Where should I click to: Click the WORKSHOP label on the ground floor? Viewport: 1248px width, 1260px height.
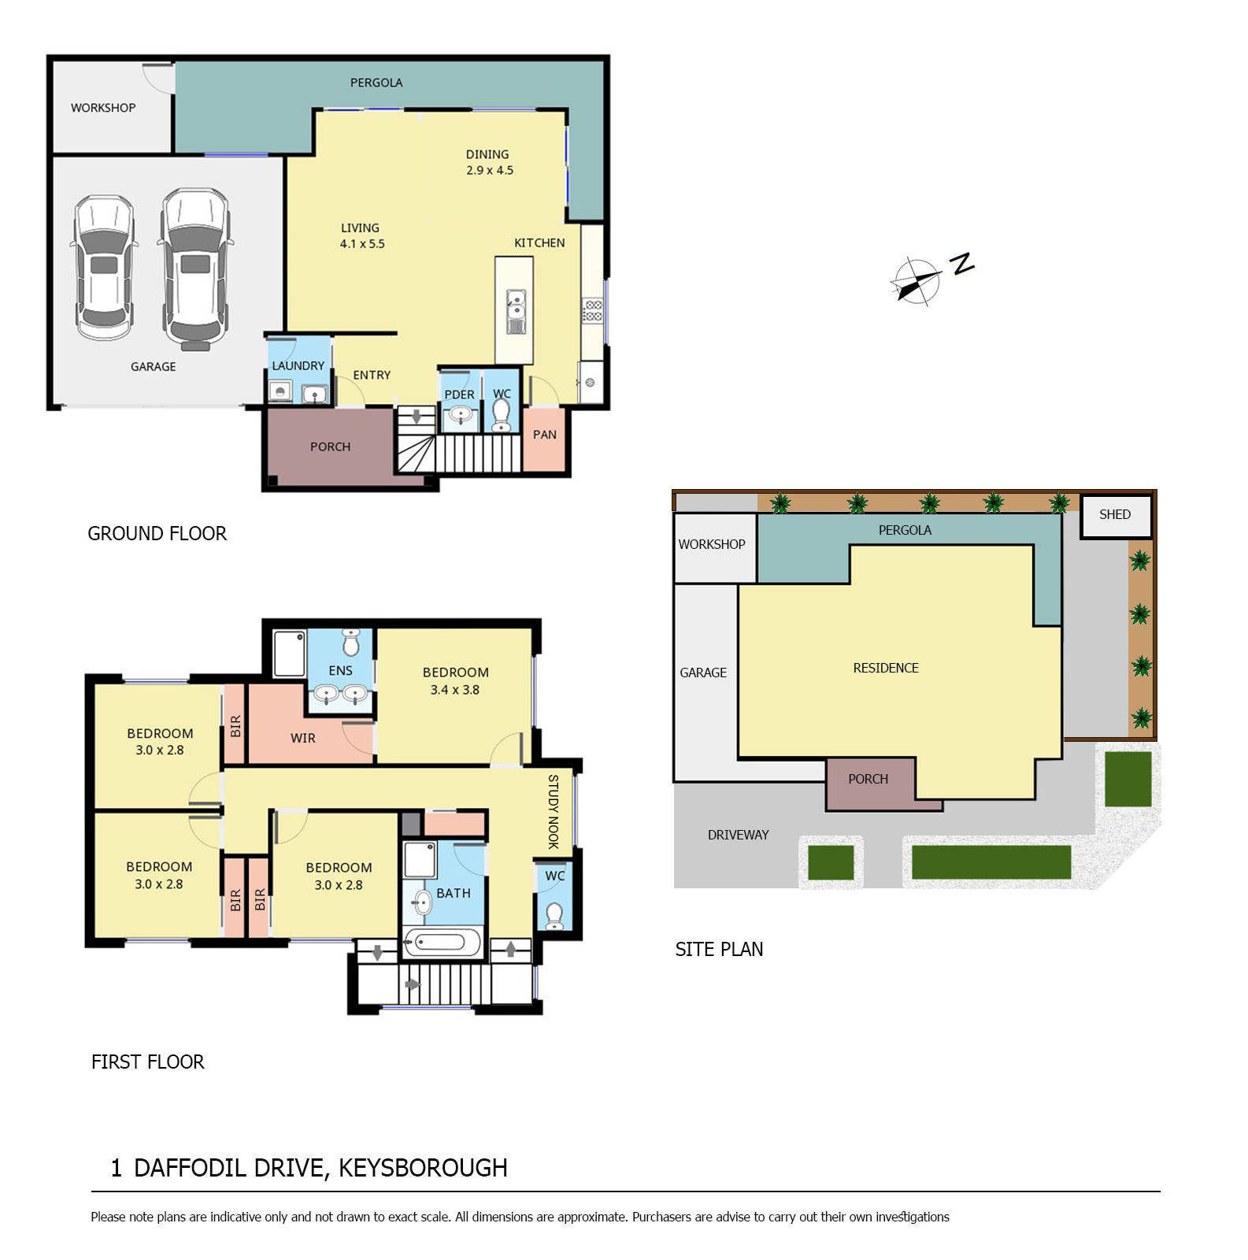point(103,108)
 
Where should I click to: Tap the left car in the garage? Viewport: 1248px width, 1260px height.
point(104,268)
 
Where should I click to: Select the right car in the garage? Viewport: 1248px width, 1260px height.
point(195,269)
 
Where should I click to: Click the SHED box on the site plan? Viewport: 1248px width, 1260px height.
point(1115,516)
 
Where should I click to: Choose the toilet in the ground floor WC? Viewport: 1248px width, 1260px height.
point(501,415)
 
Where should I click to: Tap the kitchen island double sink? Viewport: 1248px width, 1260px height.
point(516,312)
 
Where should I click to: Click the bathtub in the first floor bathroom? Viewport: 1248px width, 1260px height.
point(442,943)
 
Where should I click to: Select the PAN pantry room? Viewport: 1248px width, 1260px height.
point(544,439)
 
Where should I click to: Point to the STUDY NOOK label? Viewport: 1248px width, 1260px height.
point(553,812)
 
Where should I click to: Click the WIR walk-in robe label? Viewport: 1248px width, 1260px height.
point(303,739)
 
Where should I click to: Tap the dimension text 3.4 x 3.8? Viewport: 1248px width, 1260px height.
point(454,690)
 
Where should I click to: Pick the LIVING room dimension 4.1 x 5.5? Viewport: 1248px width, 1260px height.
point(362,244)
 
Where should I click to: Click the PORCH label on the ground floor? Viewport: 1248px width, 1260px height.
point(330,447)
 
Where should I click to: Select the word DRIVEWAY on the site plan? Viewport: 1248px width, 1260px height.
point(738,835)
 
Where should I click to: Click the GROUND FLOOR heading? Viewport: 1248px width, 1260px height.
point(157,534)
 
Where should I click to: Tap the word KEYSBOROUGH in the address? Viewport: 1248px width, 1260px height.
point(423,1168)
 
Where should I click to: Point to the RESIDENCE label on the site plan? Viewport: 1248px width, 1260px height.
point(886,669)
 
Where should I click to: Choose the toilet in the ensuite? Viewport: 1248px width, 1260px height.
point(351,643)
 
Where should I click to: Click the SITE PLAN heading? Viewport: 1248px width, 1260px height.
point(719,950)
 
